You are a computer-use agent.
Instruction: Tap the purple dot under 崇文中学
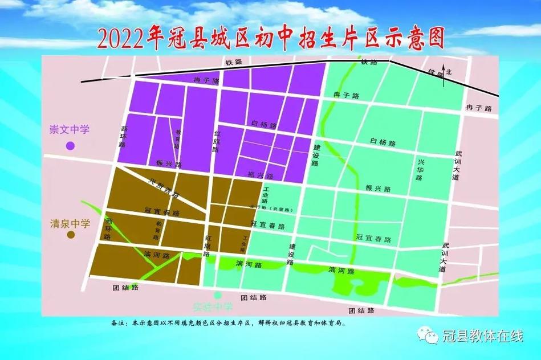click(70, 146)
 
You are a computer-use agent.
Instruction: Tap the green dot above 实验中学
click(217, 295)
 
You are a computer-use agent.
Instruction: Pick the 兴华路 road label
click(420, 169)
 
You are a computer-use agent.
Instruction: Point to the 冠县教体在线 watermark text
click(482, 336)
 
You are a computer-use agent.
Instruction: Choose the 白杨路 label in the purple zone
click(263, 124)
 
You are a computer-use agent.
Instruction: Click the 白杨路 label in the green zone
click(383, 142)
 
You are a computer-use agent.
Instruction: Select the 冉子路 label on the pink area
click(478, 108)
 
